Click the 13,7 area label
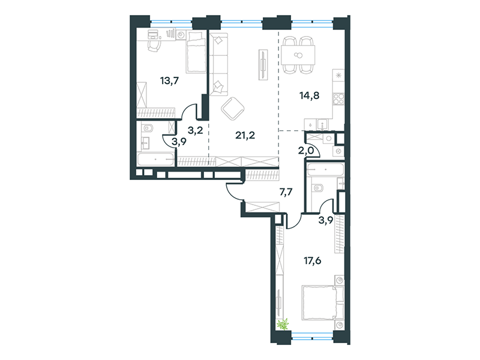tap(169, 81)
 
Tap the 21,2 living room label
tap(245, 135)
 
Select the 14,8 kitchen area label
tap(309, 95)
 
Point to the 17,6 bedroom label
tap(312, 261)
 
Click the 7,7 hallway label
tap(286, 192)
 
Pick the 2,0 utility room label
tap(305, 151)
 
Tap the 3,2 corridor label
tap(196, 131)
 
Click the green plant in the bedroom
tap(283, 324)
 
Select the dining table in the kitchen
tap(298, 55)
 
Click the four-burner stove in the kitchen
tap(338, 99)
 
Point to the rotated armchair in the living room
tap(232, 109)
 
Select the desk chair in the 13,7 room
tap(154, 46)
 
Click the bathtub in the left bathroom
tap(156, 160)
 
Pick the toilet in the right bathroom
tap(317, 187)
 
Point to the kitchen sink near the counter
tap(322, 125)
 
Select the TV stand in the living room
tap(263, 65)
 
